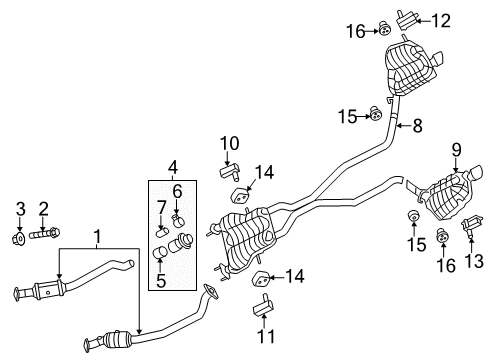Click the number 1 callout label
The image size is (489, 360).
click(x=97, y=238)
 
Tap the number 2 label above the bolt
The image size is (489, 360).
click(x=43, y=208)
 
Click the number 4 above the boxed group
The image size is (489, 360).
click(x=172, y=166)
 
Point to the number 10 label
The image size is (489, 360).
click(x=229, y=142)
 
